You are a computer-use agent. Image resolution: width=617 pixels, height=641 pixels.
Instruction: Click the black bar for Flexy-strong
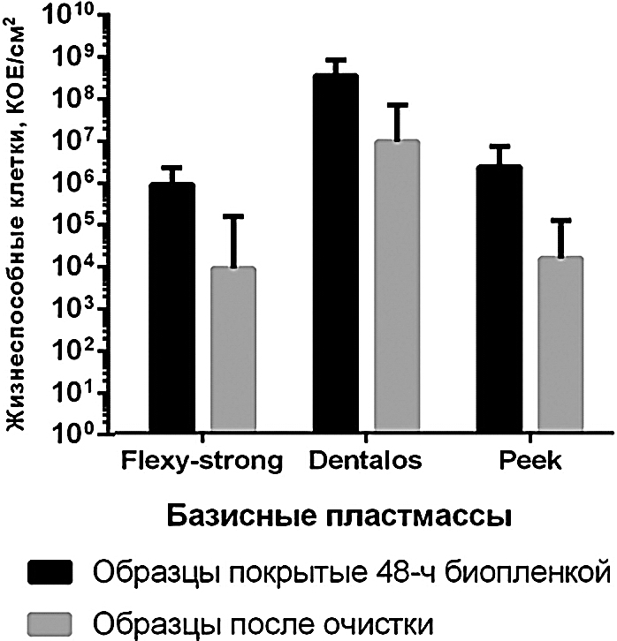pyautogui.click(x=171, y=308)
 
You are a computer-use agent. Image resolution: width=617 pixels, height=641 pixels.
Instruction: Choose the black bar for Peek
pyautogui.click(x=500, y=299)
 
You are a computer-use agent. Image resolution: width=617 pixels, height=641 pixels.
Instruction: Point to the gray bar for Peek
pyautogui.click(x=560, y=344)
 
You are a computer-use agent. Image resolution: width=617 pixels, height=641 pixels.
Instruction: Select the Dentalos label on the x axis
pyautogui.click(x=366, y=461)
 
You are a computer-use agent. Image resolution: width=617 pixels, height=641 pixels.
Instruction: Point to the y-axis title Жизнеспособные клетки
pyautogui.click(x=15, y=230)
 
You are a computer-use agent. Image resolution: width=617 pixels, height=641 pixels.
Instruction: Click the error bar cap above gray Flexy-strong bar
pyautogui.click(x=233, y=215)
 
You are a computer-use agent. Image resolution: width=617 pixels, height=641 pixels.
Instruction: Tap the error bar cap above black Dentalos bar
pyautogui.click(x=336, y=60)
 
